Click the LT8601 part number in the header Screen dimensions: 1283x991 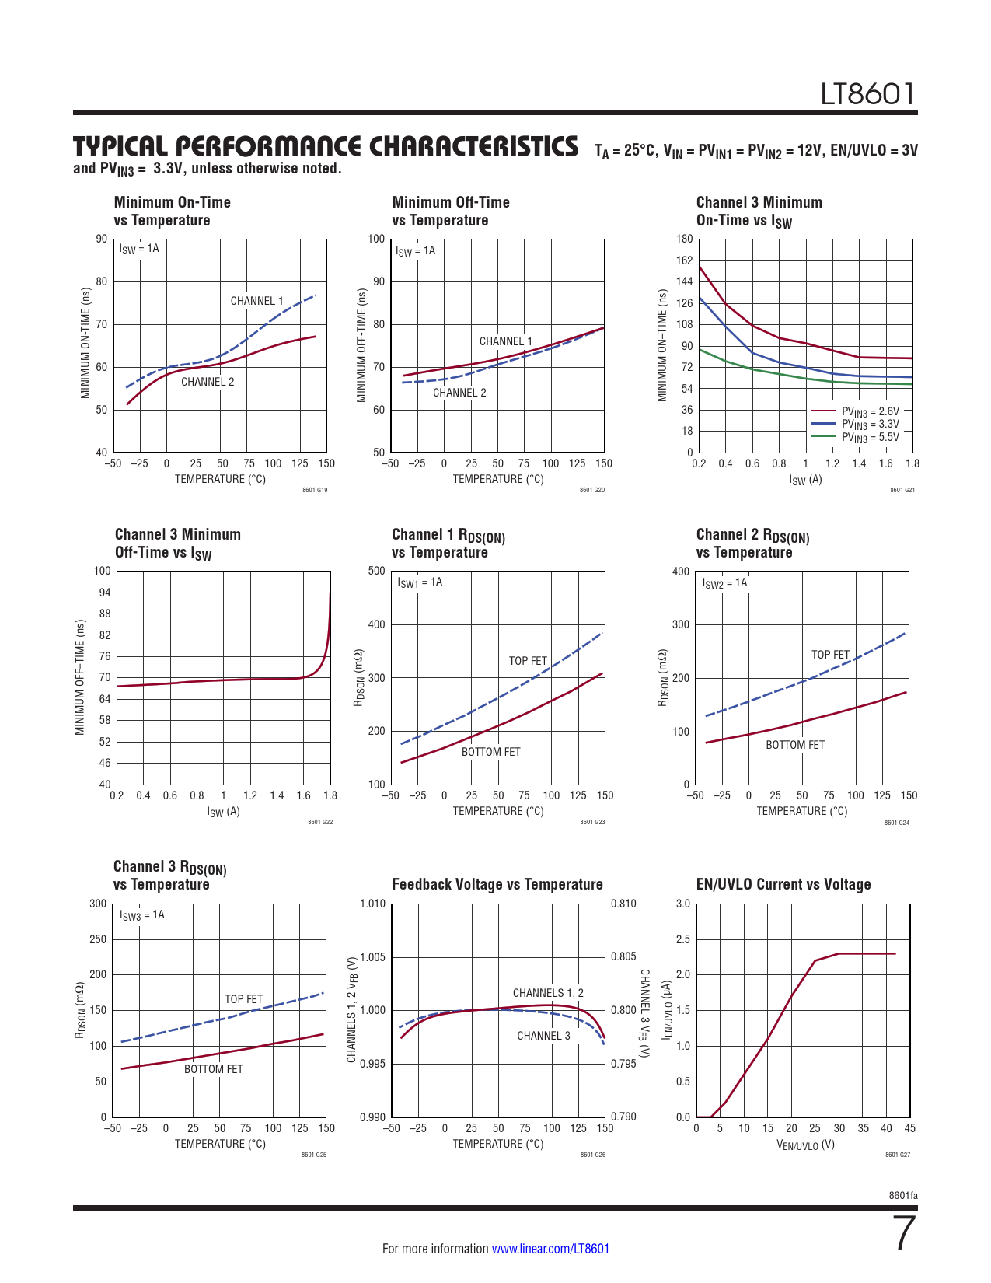pos(868,94)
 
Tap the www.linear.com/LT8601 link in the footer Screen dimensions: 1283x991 pos(550,1249)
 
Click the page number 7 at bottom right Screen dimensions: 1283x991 pos(905,1233)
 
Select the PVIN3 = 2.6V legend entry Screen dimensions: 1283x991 pos(870,411)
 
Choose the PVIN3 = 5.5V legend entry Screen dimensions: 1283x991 pos(870,437)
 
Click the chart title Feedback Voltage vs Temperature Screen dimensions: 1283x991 pos(497,884)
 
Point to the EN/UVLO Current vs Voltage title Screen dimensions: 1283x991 pos(783,884)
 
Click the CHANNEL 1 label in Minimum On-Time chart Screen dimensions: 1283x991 pos(256,301)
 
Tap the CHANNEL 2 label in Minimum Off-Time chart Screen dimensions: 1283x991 pos(459,393)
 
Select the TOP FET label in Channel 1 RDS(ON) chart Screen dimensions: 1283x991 pos(528,661)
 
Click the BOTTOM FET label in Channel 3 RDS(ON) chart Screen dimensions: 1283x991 pos(213,1069)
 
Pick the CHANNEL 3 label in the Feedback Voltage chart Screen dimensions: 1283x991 pos(543,1036)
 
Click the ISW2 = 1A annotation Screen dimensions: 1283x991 pos(724,582)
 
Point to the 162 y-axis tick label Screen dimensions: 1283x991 pos(684,260)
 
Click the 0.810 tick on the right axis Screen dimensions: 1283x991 pos(623,904)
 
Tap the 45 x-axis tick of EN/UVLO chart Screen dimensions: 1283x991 pos(910,1128)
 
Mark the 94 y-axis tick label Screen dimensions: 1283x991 pos(104,593)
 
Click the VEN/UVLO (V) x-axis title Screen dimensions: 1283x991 pos(805,1145)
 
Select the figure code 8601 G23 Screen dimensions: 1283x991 pos(592,822)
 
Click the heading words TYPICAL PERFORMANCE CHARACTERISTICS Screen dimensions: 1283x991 pos(326,147)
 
